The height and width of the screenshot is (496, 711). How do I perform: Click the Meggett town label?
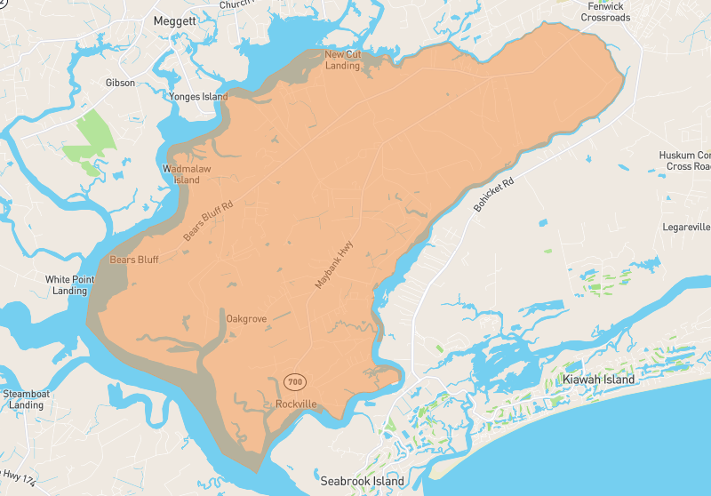pos(174,20)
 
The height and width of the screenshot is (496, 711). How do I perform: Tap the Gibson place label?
pos(120,83)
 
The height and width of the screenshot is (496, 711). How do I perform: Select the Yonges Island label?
pos(198,97)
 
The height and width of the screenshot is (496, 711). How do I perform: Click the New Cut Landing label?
pos(342,60)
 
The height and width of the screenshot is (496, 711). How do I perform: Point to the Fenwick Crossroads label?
pos(605,12)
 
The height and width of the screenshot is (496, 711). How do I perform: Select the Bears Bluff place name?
pos(134,260)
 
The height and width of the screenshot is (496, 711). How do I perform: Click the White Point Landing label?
pos(70,284)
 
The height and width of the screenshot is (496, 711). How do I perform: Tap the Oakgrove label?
pos(246,318)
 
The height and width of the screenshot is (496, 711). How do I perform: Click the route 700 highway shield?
pos(295,381)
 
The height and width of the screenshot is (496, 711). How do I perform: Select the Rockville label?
pos(296,404)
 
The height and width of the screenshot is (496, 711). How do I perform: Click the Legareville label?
pos(686,227)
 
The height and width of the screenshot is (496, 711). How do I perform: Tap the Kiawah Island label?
pos(598,380)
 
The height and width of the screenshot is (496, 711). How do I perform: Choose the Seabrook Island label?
pos(363,481)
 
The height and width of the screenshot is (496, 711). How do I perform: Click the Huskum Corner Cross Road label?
pos(685,160)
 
